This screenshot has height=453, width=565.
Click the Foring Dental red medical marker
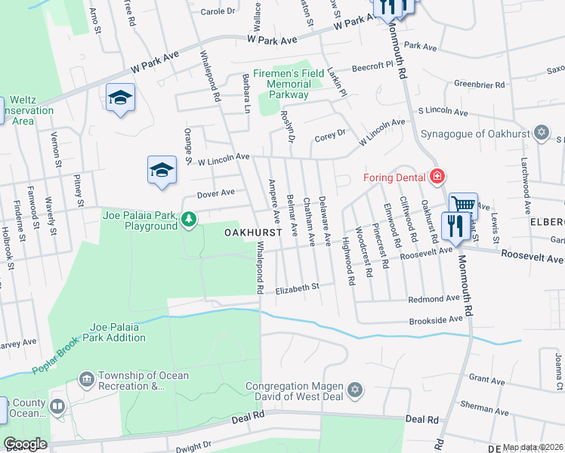click(x=436, y=177)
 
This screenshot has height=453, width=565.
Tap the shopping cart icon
click(x=462, y=204)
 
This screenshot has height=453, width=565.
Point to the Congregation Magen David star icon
click(x=356, y=390)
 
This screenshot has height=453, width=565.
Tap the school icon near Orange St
click(x=161, y=171)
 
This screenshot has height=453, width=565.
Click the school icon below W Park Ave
click(x=120, y=98)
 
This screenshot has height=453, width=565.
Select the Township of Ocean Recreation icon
click(x=86, y=377)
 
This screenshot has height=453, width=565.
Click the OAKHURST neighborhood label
click(x=252, y=233)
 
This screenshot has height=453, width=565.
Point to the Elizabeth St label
click(x=298, y=287)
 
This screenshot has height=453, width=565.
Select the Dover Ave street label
click(x=216, y=194)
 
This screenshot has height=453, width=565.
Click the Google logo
click(x=25, y=444)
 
